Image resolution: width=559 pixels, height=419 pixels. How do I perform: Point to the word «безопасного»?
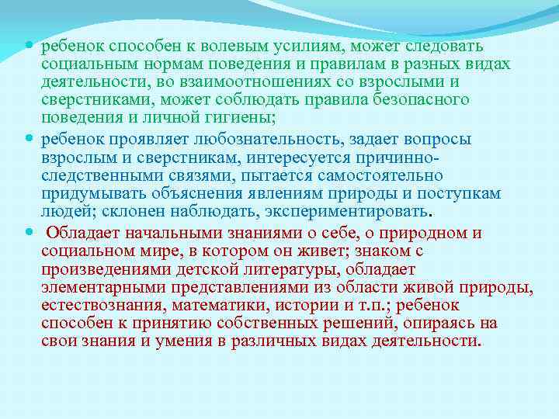click(x=424, y=99)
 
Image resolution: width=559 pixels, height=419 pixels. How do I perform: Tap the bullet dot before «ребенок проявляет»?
click(x=30, y=137)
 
